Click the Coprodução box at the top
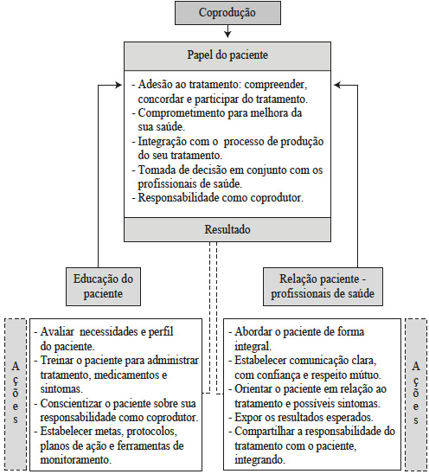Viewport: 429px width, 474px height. (227, 13)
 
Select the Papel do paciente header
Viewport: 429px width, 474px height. (227, 54)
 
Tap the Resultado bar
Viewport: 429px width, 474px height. (227, 230)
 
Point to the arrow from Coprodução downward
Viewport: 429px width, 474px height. (227, 31)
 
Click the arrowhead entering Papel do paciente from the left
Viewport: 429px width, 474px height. (119, 85)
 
